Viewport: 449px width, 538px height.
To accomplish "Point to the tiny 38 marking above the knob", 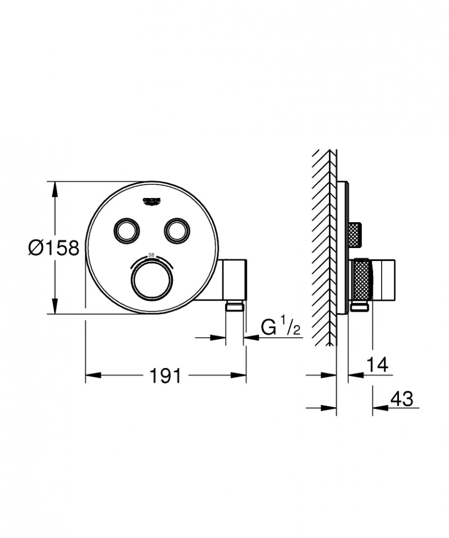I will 150,255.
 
